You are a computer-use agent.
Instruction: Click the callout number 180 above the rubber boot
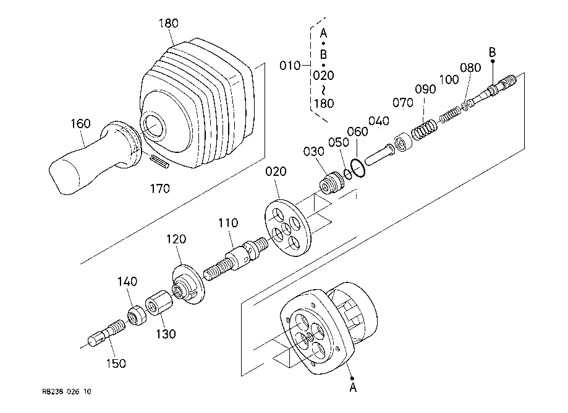tap(169, 24)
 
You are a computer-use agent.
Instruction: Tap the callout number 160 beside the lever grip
tap(80, 124)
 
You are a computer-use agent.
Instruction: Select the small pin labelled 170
tap(159, 161)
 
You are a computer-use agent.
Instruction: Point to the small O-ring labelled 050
tap(347, 174)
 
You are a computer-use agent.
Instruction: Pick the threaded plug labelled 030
tap(333, 182)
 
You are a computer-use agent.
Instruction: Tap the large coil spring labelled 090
tap(424, 129)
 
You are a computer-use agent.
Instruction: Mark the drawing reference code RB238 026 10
tap(67, 391)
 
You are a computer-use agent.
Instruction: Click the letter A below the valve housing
tap(353, 388)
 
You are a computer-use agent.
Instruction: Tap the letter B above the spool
tap(493, 53)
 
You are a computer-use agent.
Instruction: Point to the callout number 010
tap(290, 66)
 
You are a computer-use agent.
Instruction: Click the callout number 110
tap(228, 223)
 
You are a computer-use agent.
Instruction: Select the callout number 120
tap(176, 239)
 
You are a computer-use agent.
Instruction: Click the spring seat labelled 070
tap(403, 142)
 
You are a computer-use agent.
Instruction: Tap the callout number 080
tap(470, 68)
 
